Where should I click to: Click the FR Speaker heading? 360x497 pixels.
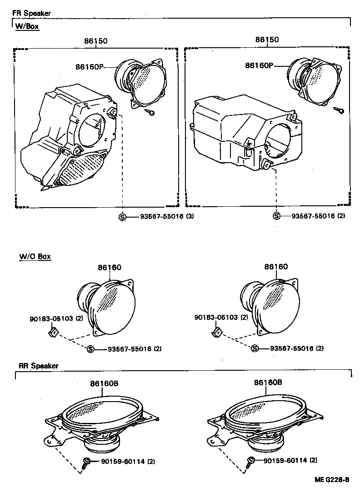coord(32,13)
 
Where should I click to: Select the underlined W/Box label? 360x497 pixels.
coord(27,26)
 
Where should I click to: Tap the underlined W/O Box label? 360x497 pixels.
coord(35,257)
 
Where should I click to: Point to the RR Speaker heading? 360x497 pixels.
coord(39,365)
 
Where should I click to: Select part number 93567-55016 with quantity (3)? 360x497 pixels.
coord(160,217)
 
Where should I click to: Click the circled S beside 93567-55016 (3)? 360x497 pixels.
coord(122,217)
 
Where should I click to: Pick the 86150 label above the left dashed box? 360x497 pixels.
coord(95,40)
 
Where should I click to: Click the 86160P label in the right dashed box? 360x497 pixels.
coord(259,65)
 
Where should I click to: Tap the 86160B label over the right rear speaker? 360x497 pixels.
coord(268,383)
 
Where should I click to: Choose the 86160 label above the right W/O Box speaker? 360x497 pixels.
coord(276,267)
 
